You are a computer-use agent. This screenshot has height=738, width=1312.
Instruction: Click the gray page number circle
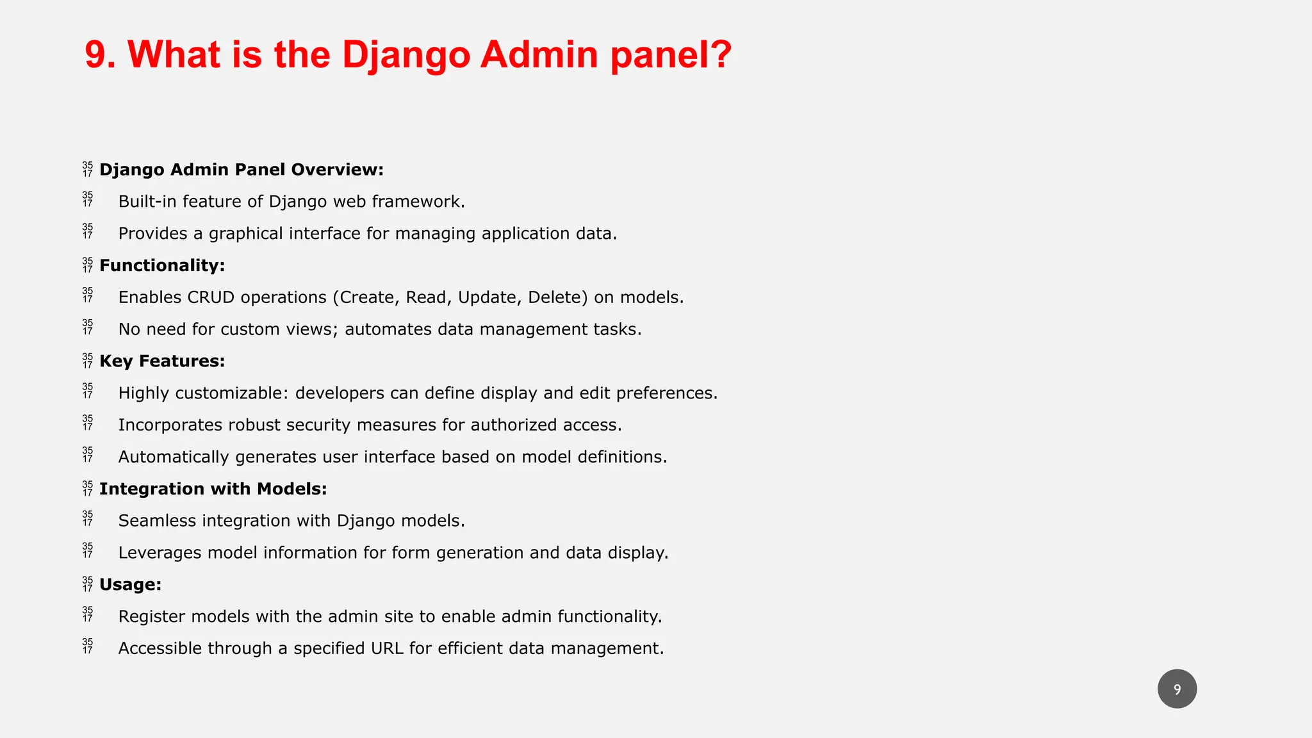[x=1177, y=689]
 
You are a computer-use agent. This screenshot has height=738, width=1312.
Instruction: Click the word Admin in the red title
[x=538, y=54]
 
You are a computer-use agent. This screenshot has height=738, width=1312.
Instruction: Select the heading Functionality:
[x=162, y=265]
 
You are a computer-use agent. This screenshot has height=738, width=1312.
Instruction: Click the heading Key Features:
[x=162, y=361]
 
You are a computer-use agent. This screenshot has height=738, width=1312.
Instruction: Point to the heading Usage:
[x=130, y=585]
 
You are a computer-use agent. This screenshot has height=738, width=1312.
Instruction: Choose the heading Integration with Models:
[x=213, y=489]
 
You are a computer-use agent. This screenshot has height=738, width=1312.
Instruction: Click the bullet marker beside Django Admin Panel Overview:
[x=88, y=170]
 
